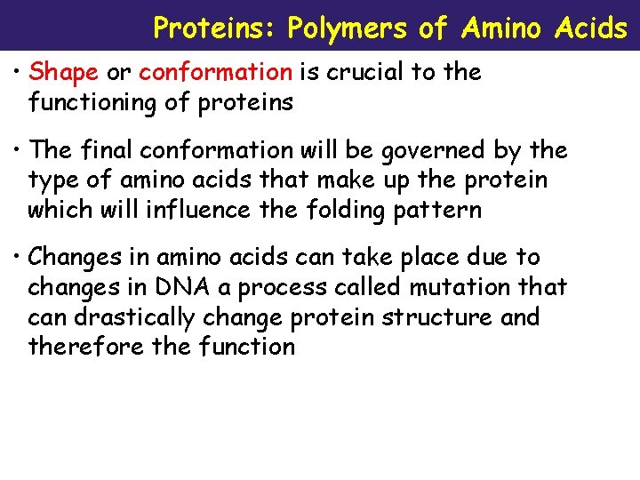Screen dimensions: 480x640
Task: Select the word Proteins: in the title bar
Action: click(x=216, y=28)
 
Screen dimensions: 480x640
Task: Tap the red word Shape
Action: click(x=64, y=72)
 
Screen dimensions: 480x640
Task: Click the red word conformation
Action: click(x=215, y=72)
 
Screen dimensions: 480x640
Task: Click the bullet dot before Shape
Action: click(x=18, y=73)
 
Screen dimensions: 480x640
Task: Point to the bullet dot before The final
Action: click(x=18, y=151)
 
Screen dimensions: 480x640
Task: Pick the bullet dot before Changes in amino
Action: click(x=18, y=258)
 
